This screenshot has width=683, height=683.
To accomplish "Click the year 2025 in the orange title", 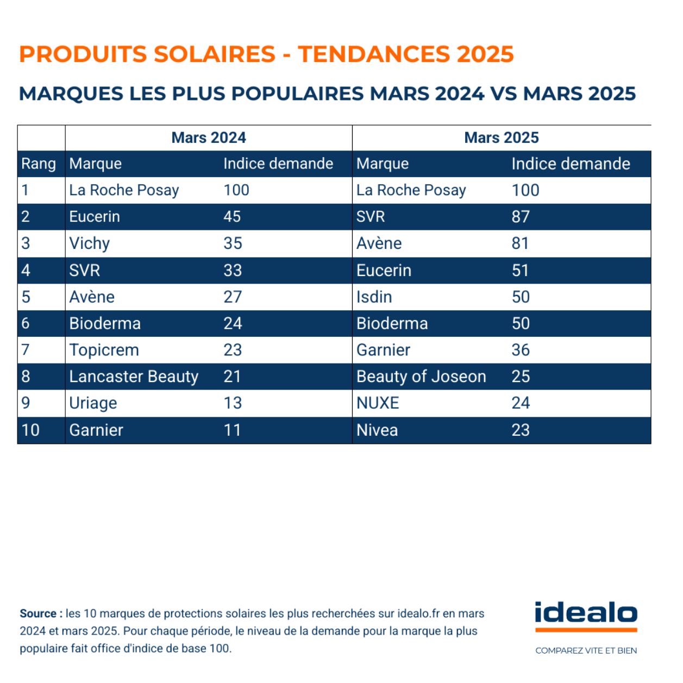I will click(x=485, y=54).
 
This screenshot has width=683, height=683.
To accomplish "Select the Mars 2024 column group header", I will click(x=209, y=137).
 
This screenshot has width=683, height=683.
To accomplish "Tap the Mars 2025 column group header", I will click(x=501, y=137).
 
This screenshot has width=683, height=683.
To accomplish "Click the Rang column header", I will click(x=39, y=164).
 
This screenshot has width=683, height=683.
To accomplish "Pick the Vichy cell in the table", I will click(x=90, y=243).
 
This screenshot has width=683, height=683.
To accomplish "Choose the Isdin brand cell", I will click(x=374, y=297).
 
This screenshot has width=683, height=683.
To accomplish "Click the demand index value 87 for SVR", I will click(x=520, y=217).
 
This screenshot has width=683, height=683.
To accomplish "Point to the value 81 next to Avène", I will click(x=520, y=243).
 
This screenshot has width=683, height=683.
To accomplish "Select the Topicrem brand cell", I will click(x=104, y=350).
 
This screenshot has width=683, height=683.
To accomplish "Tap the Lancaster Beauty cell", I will click(x=134, y=377).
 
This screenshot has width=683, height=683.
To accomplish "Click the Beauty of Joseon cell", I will click(x=421, y=377).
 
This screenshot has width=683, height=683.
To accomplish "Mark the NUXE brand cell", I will click(x=378, y=403).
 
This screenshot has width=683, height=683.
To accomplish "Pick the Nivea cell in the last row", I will click(x=377, y=430).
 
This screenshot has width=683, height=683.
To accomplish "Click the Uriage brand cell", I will click(x=93, y=403).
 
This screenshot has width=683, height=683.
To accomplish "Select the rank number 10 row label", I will click(x=30, y=430).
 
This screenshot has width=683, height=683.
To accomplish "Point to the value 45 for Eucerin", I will click(x=232, y=217).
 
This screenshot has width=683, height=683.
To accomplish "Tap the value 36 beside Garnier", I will click(x=520, y=350).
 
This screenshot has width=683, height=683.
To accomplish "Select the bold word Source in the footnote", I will click(x=38, y=613).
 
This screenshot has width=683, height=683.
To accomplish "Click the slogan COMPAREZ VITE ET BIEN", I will click(x=586, y=650).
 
